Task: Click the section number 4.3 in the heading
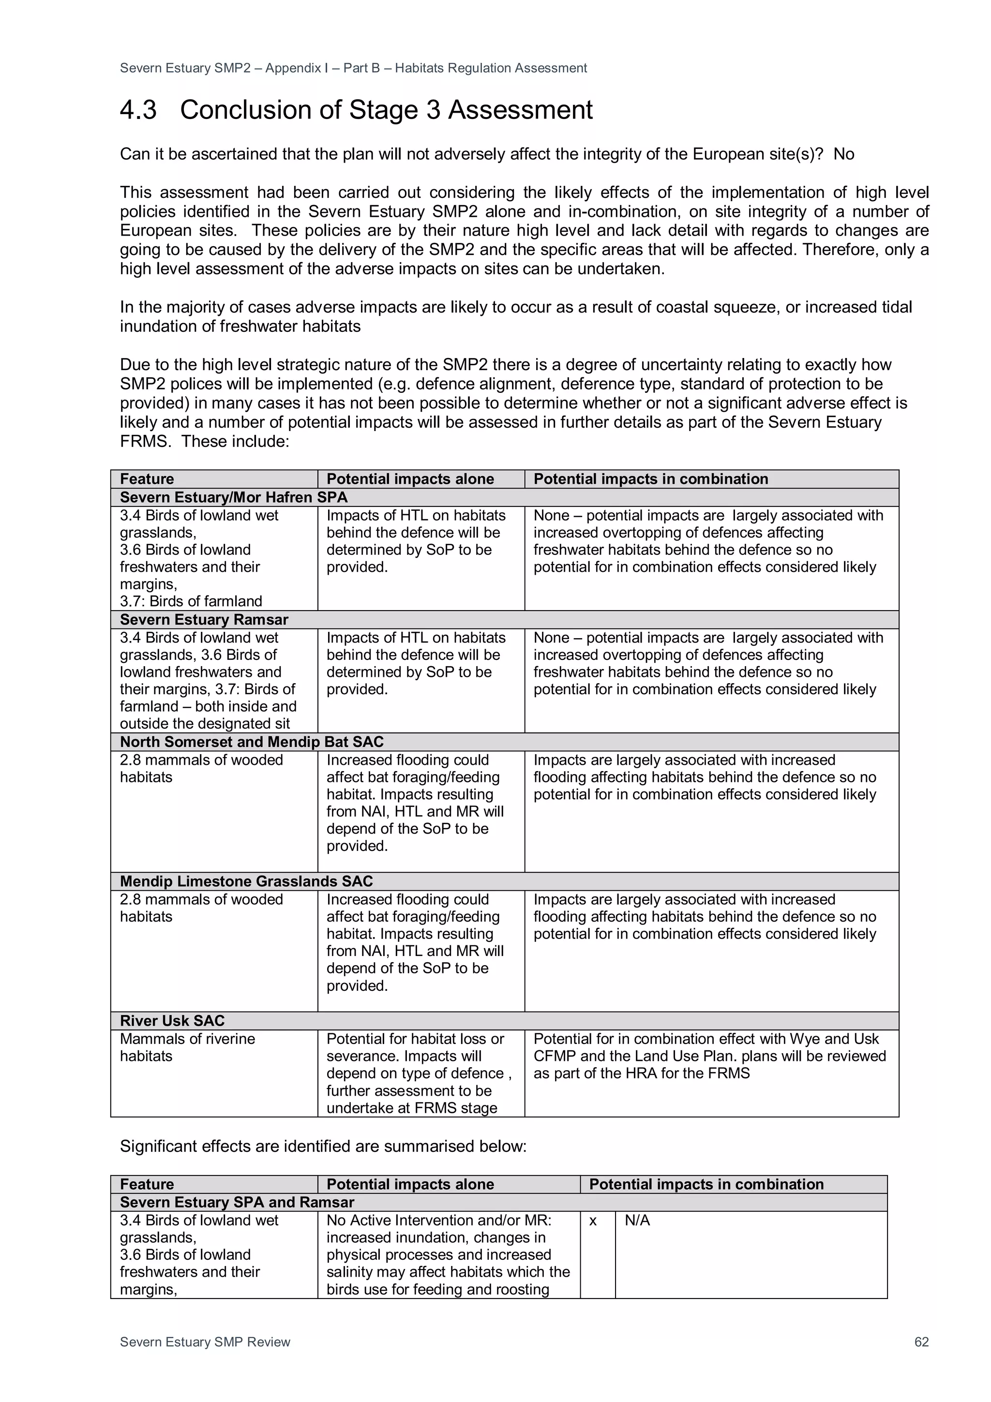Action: tap(138, 110)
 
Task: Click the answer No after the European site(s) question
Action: tap(843, 154)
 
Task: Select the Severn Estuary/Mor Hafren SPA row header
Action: tap(233, 497)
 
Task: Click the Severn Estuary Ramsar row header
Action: tap(204, 619)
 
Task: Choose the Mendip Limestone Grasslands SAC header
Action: tap(246, 881)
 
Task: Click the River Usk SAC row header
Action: tap(172, 1020)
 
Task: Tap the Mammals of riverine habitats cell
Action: tap(187, 1047)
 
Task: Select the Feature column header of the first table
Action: tap(147, 479)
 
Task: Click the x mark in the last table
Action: tap(592, 1220)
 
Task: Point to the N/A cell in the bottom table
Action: tap(637, 1220)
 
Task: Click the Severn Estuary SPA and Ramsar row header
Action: tap(237, 1202)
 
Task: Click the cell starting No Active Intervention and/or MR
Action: tap(448, 1254)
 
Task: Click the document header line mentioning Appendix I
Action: tap(353, 68)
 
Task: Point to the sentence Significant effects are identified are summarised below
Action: tap(323, 1146)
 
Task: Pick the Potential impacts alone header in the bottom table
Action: tap(410, 1184)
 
